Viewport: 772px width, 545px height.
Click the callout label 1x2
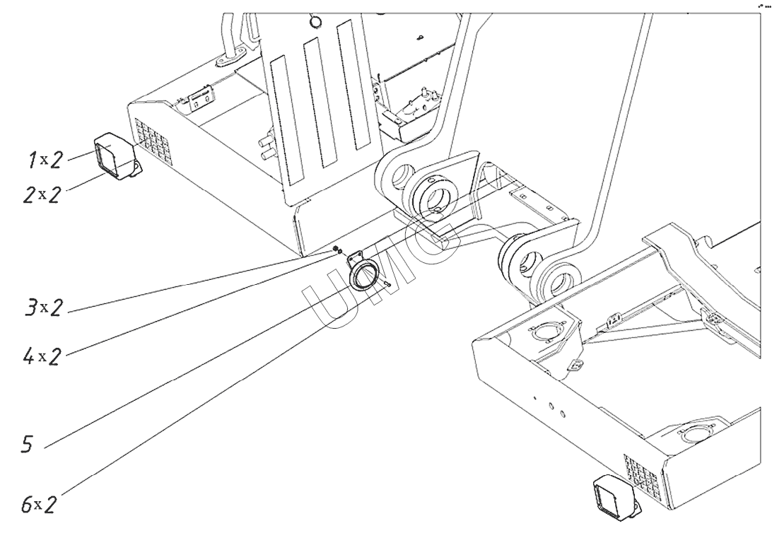pos(45,160)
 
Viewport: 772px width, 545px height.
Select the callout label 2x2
pos(43,195)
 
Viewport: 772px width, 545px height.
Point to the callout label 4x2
pos(42,356)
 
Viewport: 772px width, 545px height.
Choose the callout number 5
pos(28,444)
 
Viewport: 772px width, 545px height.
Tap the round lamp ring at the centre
pos(364,275)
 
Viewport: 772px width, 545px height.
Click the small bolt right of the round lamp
pos(387,283)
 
